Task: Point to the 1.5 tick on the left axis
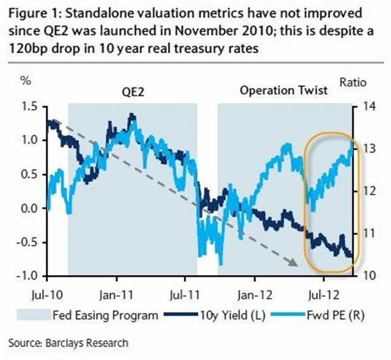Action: click(28, 106)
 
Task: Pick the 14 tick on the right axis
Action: click(367, 106)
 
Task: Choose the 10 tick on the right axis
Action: click(367, 276)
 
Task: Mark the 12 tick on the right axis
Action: click(367, 191)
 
